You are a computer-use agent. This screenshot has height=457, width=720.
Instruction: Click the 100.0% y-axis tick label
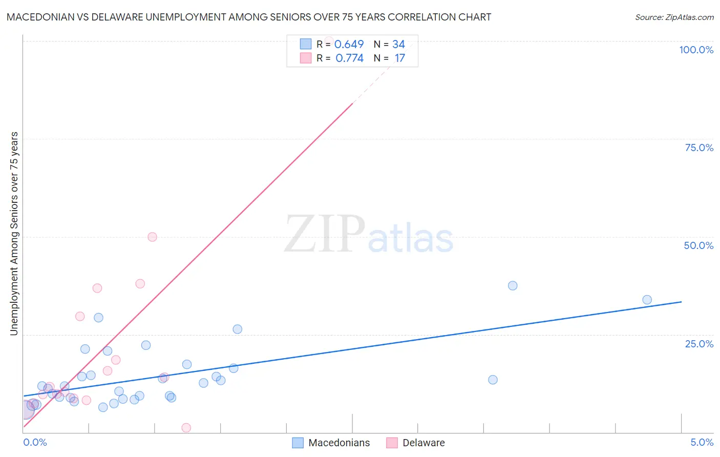696,50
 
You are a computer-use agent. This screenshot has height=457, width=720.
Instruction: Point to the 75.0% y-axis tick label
699,148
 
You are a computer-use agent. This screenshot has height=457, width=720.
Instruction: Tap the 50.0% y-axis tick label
698,245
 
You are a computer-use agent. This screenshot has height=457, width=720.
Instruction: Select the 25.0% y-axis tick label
699,344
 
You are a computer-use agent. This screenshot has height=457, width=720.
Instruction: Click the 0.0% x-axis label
35,442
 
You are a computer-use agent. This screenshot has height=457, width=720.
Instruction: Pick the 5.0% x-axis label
702,442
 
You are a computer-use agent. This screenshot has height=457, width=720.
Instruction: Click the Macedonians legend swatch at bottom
298,443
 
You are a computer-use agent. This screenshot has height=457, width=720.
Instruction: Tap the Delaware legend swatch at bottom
392,443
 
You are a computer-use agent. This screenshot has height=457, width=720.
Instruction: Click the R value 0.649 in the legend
349,45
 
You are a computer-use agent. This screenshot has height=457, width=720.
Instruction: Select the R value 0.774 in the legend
349,58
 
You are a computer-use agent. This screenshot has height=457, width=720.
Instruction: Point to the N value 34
398,45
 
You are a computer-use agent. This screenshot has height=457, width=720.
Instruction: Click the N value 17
399,58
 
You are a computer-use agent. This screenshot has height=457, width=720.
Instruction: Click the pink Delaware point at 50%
152,237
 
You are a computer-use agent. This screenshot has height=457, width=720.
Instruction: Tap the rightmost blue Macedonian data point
647,300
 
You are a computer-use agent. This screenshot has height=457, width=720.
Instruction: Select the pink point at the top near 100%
329,40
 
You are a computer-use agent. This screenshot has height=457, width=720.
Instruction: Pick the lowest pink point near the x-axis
186,428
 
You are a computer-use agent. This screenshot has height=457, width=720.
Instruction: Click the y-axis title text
14,234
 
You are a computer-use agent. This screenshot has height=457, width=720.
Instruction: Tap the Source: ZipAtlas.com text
674,17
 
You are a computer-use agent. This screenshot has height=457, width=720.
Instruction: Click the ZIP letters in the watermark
325,234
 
